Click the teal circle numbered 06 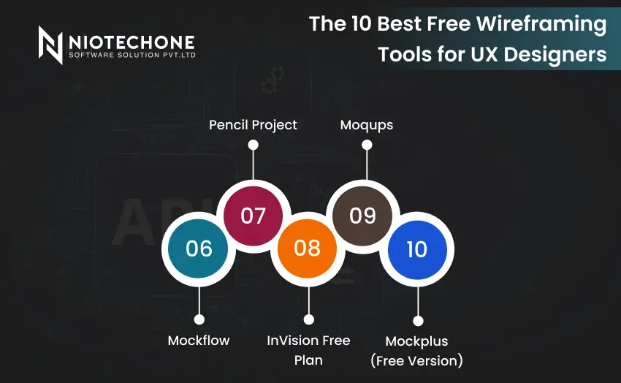pyautogui.click(x=199, y=249)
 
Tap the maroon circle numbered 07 pyautogui.click(x=253, y=216)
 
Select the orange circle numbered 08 pyautogui.click(x=308, y=248)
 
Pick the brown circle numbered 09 pyautogui.click(x=362, y=216)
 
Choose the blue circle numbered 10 pyautogui.click(x=416, y=249)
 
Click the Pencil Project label pyautogui.click(x=253, y=124)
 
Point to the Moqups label pyautogui.click(x=367, y=124)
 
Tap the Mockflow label pyautogui.click(x=199, y=341)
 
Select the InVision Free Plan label pyautogui.click(x=308, y=350)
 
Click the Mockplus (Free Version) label pyautogui.click(x=417, y=350)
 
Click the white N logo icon pyautogui.click(x=50, y=45)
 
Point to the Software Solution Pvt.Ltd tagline pyautogui.click(x=132, y=56)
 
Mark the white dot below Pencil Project pyautogui.click(x=253, y=145)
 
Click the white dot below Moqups pyautogui.click(x=367, y=145)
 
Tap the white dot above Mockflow pyautogui.click(x=199, y=319)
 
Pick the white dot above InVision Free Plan pyautogui.click(x=308, y=319)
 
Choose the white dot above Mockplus pyautogui.click(x=418, y=320)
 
